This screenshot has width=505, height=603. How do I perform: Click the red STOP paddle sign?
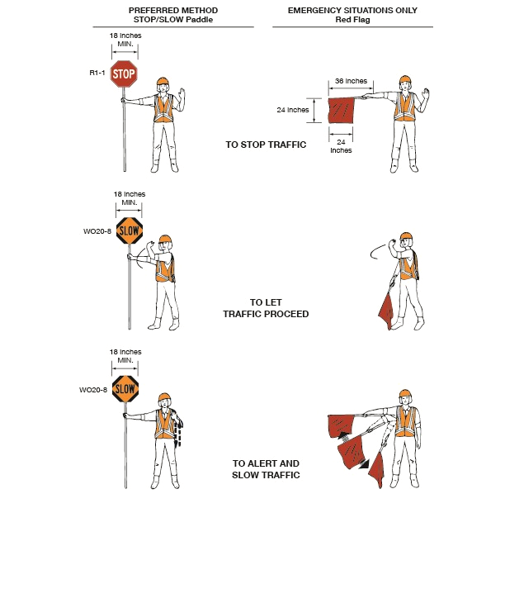pos(124,74)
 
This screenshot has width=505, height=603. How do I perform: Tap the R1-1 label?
pos(97,73)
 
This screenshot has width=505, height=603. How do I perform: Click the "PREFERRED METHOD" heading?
pos(173,11)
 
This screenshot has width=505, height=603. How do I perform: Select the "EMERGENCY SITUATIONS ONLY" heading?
pos(352,11)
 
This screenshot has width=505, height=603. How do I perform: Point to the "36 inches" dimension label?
pos(351,81)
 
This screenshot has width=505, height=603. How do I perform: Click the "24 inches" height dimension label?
pos(293,110)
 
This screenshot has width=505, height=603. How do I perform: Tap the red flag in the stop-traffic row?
pos(341,111)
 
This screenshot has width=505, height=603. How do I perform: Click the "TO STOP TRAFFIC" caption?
pos(266,145)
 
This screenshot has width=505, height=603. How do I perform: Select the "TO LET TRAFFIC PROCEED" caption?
pos(266,308)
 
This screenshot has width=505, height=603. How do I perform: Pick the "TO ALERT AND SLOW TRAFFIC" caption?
pos(266,469)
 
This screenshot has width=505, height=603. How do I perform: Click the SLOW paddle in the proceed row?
pos(130,230)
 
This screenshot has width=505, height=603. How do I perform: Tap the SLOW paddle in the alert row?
pos(125,389)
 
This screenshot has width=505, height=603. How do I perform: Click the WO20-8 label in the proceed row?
pos(97,231)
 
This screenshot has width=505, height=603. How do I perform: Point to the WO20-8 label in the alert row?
pos(93,390)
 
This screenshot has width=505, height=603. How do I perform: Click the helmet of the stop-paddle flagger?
pos(163,81)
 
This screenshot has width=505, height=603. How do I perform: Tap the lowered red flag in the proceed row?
pos(387,310)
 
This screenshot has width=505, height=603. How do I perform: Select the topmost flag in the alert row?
pos(341,426)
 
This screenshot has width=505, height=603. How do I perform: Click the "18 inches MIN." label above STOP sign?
pos(125,40)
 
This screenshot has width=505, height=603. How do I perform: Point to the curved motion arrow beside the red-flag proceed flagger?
pos(377,251)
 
